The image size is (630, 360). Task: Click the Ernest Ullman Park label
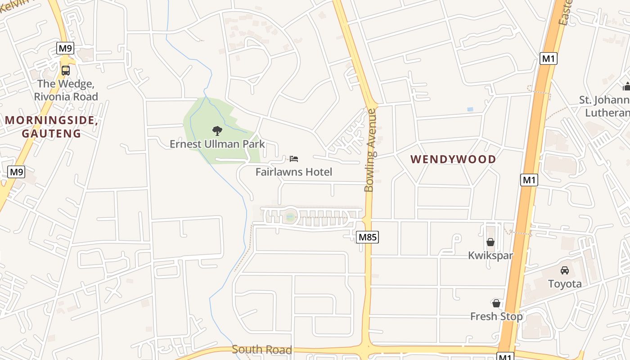[x=217, y=144]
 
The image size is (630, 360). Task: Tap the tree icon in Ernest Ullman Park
[x=217, y=131]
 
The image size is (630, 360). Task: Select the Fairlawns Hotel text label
[x=294, y=172]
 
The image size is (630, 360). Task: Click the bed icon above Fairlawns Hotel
[x=294, y=158]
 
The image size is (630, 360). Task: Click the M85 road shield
[x=367, y=237]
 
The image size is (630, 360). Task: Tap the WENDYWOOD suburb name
[x=453, y=159]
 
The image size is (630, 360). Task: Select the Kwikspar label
[x=490, y=255]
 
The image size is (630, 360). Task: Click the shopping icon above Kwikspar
[x=490, y=242]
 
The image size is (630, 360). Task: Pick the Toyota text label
[x=565, y=283]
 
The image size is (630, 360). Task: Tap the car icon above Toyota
[x=565, y=270]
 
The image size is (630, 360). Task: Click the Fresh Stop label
[x=496, y=316]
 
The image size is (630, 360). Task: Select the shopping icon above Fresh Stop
[x=496, y=303]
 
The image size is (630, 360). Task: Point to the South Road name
[x=262, y=350]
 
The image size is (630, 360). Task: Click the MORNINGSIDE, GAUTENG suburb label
[x=51, y=127]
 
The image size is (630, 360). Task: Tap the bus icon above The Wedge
[x=66, y=71]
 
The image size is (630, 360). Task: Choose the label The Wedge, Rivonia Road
[x=66, y=90]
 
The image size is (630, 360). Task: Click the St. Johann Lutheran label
[x=605, y=106]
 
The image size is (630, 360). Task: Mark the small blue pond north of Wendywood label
[x=470, y=109]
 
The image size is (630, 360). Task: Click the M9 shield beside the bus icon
[x=65, y=48]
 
